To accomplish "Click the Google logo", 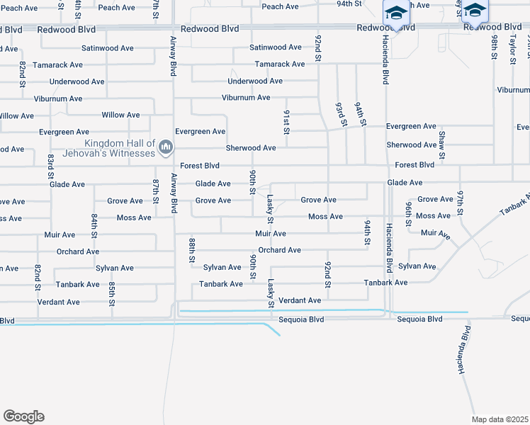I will click(23, 416).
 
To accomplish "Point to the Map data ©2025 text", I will click(500, 419).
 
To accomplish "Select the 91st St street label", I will click(287, 122).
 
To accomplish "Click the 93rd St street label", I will click(341, 113).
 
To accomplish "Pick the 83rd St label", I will click(51, 164).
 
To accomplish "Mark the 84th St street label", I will click(94, 225).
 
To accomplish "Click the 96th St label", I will click(410, 214).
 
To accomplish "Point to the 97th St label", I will click(461, 203).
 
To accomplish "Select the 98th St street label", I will click(495, 45).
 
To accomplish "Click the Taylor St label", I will click(512, 50).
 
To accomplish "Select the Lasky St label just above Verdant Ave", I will click(271, 293).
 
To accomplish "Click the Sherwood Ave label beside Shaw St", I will click(411, 145).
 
